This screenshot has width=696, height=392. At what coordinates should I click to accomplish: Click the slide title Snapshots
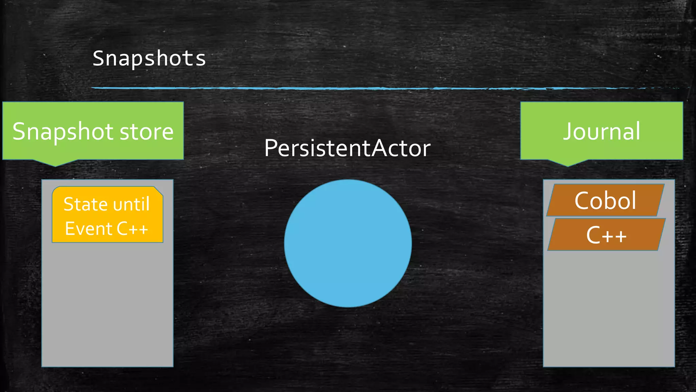[149, 59]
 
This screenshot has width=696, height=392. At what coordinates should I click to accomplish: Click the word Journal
[602, 131]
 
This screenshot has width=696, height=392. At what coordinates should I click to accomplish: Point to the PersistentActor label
[347, 148]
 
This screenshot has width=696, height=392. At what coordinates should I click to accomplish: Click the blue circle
[348, 243]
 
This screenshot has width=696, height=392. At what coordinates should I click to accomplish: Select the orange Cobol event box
[605, 200]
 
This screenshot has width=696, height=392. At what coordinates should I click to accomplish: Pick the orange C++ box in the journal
[606, 235]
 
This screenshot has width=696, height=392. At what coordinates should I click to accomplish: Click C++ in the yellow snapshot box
[132, 229]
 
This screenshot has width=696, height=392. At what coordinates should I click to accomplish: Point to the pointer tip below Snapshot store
[55, 165]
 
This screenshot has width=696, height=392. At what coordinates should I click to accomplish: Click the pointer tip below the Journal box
[568, 165]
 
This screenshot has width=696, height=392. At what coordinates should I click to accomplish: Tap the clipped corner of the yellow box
[159, 191]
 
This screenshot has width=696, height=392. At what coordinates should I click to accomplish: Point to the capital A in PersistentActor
[380, 148]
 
